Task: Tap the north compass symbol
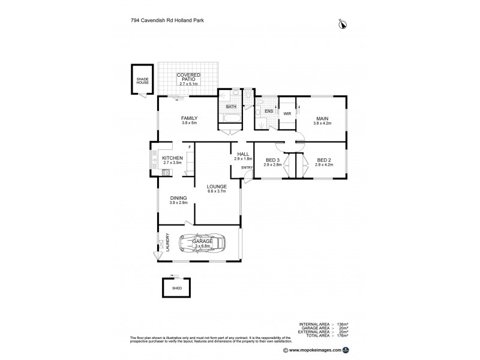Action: point(343,24)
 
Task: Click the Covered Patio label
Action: point(188,78)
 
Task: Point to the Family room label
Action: point(190,120)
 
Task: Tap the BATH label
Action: point(231,107)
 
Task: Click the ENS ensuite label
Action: point(268,111)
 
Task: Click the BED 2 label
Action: point(324,161)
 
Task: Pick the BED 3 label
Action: point(272,161)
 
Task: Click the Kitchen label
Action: point(172,160)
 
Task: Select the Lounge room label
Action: point(216,188)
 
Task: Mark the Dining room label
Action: point(178,200)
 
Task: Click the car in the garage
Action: point(204,244)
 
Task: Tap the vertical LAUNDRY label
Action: point(167,243)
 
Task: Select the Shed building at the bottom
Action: point(177,288)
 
